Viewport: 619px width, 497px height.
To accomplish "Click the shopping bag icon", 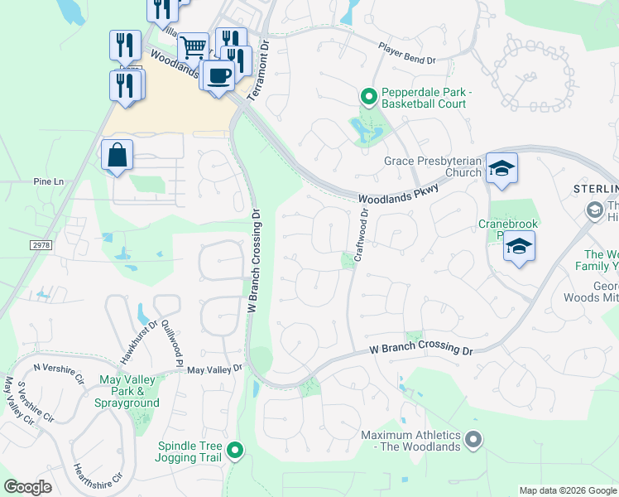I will (118, 155).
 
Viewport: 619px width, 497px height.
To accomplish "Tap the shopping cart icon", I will (193, 47).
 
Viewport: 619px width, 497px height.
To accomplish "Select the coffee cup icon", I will (218, 76).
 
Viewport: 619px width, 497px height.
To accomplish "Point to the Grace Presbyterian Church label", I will (433, 167).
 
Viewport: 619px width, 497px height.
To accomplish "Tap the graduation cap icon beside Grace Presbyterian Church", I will (501, 168).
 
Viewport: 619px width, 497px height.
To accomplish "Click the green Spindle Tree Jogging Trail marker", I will (236, 451).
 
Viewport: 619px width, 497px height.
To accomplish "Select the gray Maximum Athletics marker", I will (473, 439).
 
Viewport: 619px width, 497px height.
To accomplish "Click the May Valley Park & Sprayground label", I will (128, 391).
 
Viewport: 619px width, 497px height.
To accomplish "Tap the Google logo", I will (27, 487).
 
